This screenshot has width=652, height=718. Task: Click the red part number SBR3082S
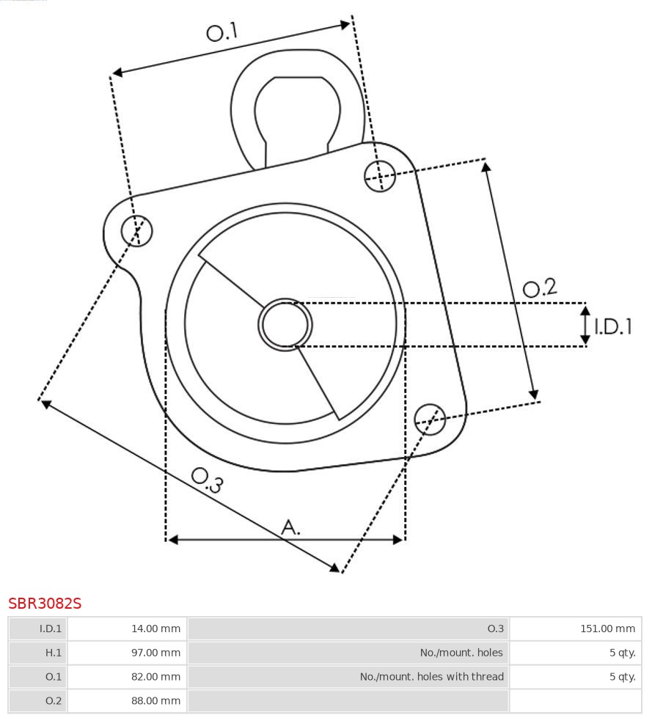pos(45,604)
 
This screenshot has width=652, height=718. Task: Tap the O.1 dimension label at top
pos(222,32)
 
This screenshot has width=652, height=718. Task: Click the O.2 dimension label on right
pos(540,287)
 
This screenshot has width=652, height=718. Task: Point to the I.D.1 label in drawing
pos(613,326)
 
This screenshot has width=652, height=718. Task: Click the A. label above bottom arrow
pos(291,527)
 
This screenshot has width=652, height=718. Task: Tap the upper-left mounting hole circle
pos(137,231)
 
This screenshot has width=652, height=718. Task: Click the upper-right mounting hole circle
pos(380,175)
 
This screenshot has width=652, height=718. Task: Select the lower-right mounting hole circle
pos(430,419)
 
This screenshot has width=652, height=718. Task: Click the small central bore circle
pos(285,324)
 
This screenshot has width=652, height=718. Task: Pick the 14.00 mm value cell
pos(126,629)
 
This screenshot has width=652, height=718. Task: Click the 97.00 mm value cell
pos(126,653)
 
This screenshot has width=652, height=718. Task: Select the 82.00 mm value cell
pos(126,676)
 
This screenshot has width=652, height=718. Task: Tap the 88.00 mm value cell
pos(126,700)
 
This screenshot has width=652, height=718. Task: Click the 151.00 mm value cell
pos(575,629)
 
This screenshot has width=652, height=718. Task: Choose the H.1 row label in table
pos(38,653)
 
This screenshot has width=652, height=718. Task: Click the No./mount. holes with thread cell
pos(348,676)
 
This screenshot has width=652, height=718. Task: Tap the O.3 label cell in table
pos(348,629)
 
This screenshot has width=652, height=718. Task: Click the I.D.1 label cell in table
pos(38,629)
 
